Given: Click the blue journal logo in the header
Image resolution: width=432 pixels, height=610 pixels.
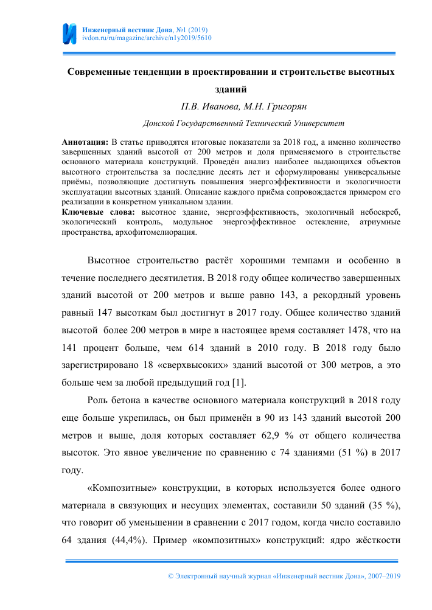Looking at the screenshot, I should coord(70,33).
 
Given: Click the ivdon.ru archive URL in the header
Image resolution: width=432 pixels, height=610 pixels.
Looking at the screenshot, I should coord(147,38).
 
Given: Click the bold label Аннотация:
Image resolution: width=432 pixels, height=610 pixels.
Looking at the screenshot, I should coord(85,141).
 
